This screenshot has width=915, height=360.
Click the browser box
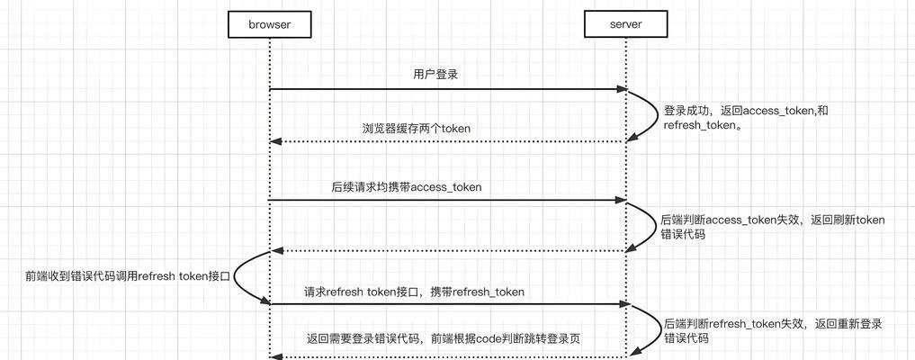tap(270, 25)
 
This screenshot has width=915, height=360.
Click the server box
tap(625, 25)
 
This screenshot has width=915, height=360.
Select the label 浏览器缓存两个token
tap(416, 129)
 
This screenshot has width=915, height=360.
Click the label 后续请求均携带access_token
tap(407, 186)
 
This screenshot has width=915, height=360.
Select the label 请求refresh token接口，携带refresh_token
tap(414, 292)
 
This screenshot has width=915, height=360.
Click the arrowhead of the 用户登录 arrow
tap(622, 89)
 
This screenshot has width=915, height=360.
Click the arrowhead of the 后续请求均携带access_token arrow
tap(622, 200)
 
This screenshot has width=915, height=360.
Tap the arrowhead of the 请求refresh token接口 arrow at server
tap(622, 304)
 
